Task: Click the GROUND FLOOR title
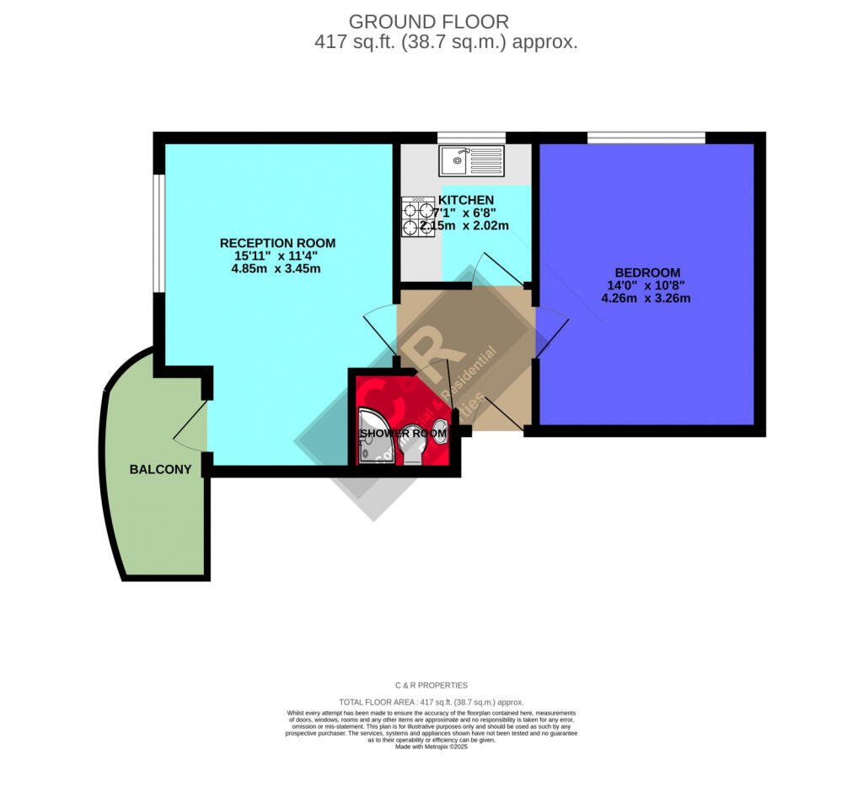(429, 21)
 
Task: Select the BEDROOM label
(647, 273)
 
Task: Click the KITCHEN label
(466, 200)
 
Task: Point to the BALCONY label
(160, 469)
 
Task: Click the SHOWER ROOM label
(404, 434)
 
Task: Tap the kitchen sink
(471, 160)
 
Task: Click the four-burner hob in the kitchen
(417, 216)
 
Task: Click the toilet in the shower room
(412, 443)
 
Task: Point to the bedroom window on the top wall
(646, 138)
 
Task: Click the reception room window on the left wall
(158, 234)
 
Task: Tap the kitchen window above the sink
(471, 138)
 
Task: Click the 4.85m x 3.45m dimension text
(276, 269)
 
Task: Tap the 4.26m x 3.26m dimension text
(647, 298)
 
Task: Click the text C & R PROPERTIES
(431, 685)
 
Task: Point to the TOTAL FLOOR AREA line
(431, 702)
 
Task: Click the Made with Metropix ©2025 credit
(431, 746)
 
